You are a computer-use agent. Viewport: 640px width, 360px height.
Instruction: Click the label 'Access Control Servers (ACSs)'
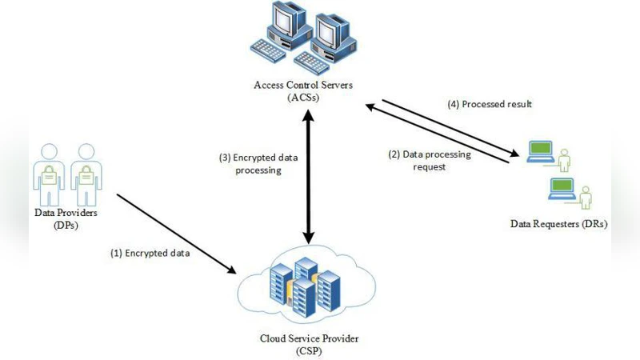[x=303, y=90]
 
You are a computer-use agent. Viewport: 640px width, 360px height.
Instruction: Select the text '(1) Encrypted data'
[x=150, y=253]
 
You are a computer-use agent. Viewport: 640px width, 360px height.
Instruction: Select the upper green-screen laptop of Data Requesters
[x=539, y=150]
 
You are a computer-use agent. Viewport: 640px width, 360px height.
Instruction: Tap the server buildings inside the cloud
[x=302, y=284]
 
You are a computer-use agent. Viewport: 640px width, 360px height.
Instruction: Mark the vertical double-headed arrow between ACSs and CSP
[x=308, y=176]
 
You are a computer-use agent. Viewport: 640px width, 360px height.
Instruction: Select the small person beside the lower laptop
[x=586, y=197]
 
